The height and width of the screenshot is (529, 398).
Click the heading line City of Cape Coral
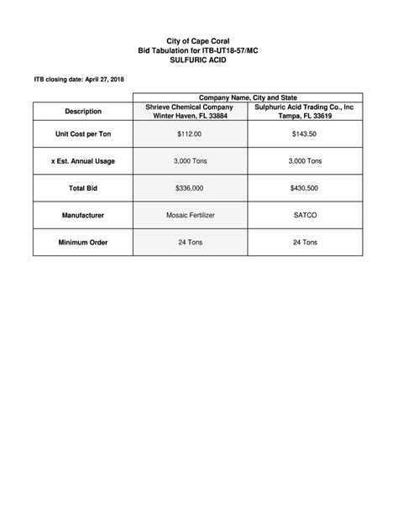(x=198, y=41)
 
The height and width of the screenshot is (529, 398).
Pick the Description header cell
(x=83, y=112)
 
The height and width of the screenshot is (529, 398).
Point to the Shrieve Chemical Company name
(x=191, y=107)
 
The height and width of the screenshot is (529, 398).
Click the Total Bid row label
(x=83, y=189)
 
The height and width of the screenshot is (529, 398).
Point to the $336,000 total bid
(x=191, y=189)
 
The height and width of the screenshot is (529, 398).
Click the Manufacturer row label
(x=83, y=216)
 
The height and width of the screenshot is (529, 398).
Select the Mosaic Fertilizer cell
(x=191, y=216)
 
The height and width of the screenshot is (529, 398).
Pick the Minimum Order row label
(x=83, y=243)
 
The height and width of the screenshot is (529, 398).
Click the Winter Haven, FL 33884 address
(x=191, y=116)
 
